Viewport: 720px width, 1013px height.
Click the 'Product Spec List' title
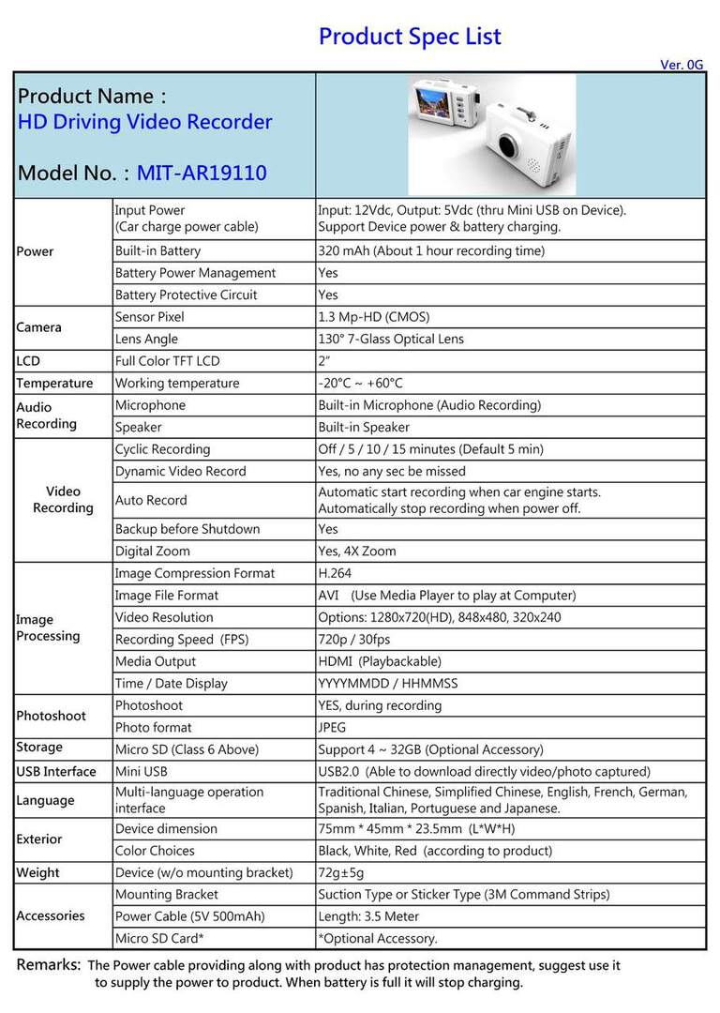pyautogui.click(x=410, y=37)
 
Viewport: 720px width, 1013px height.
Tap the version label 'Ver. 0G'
pyautogui.click(x=682, y=65)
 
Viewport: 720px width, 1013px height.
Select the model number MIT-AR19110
pyautogui.click(x=202, y=174)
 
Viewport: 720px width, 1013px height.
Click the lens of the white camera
pyautogui.click(x=510, y=146)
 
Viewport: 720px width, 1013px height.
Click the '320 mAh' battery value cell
pyautogui.click(x=431, y=251)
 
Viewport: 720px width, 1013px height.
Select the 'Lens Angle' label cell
pyautogui.click(x=146, y=339)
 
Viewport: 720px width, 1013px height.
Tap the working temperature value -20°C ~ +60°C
pyautogui.click(x=361, y=383)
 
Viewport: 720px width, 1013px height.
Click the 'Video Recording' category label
pyautogui.click(x=63, y=499)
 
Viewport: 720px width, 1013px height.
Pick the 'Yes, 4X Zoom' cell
pyautogui.click(x=357, y=552)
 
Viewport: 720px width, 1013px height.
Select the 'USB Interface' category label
pyautogui.click(x=56, y=772)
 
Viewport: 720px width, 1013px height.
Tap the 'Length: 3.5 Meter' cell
pyautogui.click(x=368, y=916)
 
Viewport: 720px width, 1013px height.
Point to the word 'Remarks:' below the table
pyautogui.click(x=49, y=964)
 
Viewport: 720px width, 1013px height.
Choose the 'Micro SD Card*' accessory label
pyautogui.click(x=159, y=938)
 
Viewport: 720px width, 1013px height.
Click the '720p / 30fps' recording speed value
pyautogui.click(x=354, y=640)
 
